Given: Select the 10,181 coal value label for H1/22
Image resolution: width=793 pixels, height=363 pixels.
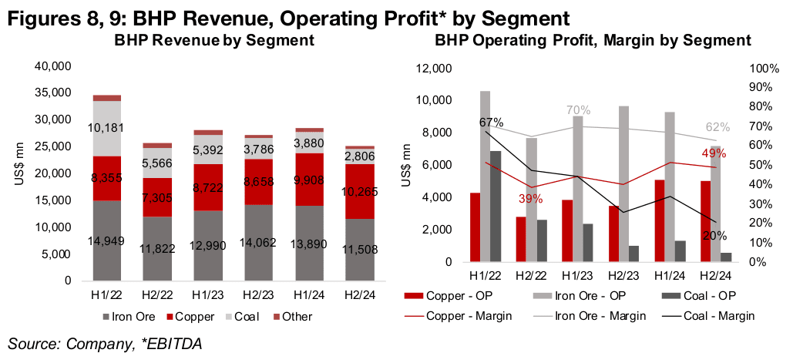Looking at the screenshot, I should pos(107,128).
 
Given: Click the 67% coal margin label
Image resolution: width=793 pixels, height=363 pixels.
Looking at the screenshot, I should pos(491,122).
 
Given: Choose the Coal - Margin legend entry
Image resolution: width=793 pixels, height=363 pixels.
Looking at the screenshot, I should pos(717,315).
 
